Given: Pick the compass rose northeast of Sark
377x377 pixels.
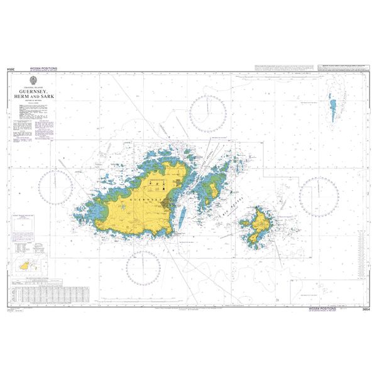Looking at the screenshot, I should pos(319,195).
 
